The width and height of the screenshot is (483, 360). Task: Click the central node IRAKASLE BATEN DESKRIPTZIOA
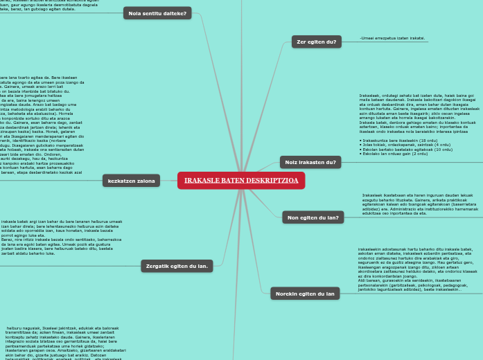click(x=241, y=181)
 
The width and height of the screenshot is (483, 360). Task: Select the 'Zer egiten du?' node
click(x=316, y=42)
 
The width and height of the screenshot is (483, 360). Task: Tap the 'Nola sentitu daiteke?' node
click(x=157, y=13)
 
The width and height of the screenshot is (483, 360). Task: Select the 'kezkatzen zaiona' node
click(x=132, y=181)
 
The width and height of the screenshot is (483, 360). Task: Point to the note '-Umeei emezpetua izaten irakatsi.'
click(x=393, y=39)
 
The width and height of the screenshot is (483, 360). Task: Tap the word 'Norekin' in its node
click(x=286, y=294)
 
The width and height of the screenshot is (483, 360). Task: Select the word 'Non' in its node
click(x=293, y=217)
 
